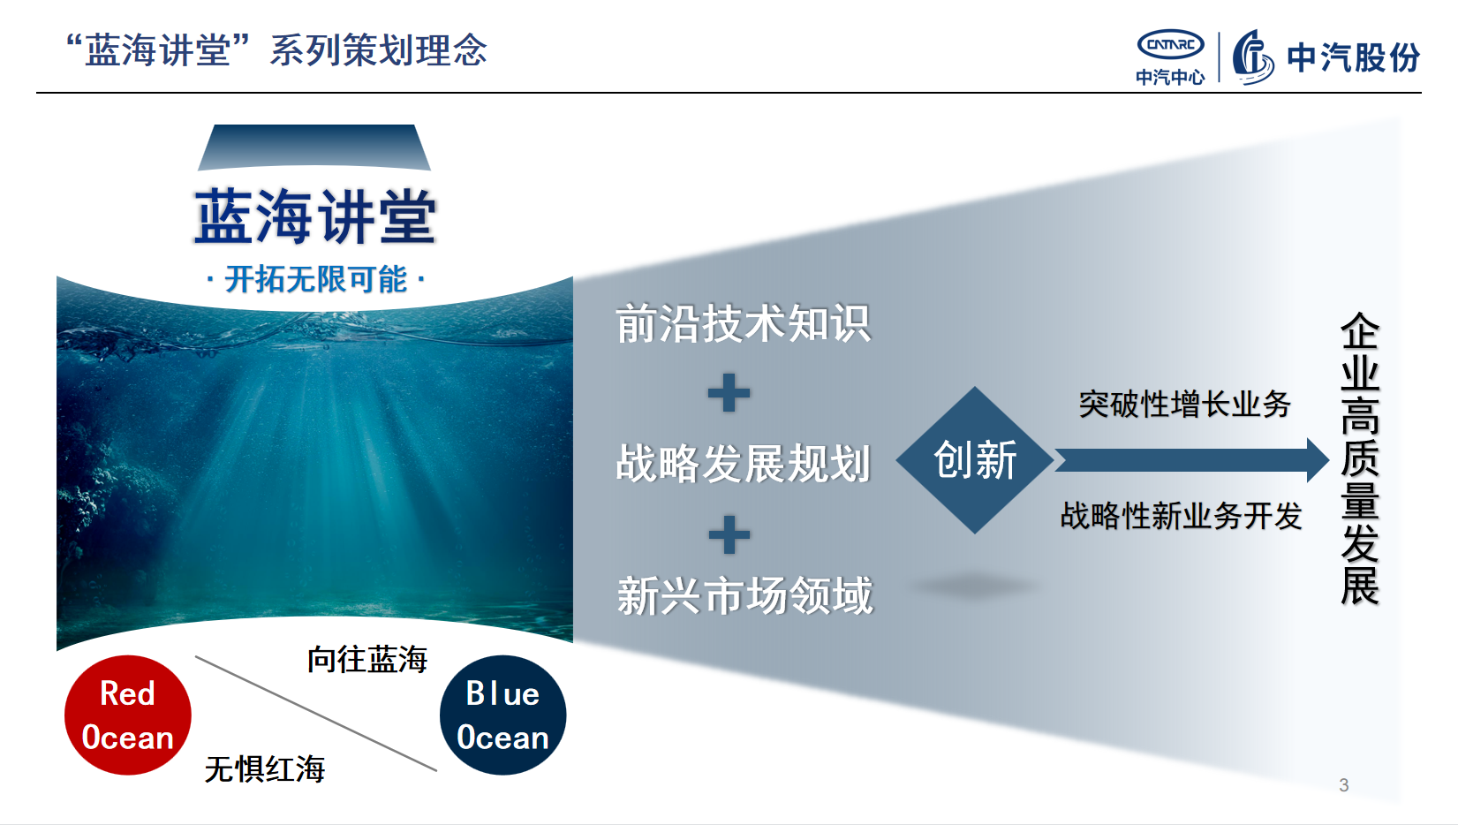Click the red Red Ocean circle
[x=127, y=715]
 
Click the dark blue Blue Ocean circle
[x=502, y=715]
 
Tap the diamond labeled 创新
[x=975, y=460]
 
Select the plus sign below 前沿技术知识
[x=729, y=393]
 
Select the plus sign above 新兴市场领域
[x=729, y=534]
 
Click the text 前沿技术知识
[x=743, y=324]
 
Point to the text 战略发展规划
[x=743, y=464]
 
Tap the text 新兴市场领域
[x=744, y=596]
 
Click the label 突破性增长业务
[x=1184, y=405]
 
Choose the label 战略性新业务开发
[x=1181, y=516]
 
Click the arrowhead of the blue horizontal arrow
[x=1317, y=460]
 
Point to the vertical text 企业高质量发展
[x=1359, y=459]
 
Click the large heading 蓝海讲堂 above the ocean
[x=315, y=216]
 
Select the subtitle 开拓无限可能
[x=315, y=280]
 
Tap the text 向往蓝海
[x=367, y=659]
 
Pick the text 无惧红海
[x=265, y=768]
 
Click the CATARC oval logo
[x=1170, y=44]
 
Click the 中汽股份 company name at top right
[x=1353, y=58]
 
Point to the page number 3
[x=1343, y=785]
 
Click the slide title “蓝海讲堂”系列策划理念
[x=276, y=50]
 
